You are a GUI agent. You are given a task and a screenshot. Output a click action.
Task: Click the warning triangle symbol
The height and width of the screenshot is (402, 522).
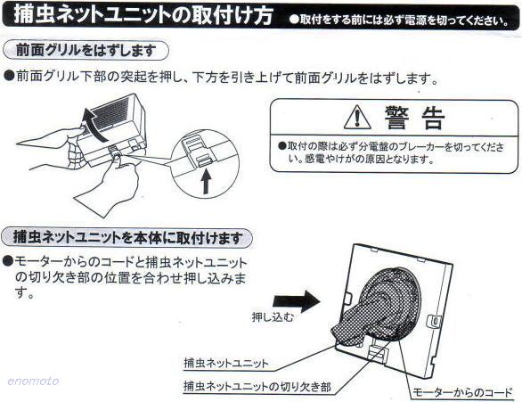(x=357, y=118)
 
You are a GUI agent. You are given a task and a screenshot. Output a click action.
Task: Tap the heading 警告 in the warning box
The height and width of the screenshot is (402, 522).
(x=415, y=118)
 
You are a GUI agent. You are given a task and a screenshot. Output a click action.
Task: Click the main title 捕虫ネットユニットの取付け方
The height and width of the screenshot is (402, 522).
(x=143, y=14)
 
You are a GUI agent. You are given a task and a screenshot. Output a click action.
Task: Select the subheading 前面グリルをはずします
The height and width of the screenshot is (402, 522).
(x=86, y=51)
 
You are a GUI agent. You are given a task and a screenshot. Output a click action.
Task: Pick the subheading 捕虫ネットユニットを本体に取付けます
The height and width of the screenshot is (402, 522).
(x=127, y=237)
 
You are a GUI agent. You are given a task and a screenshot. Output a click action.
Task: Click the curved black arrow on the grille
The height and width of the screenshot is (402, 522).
(x=93, y=125)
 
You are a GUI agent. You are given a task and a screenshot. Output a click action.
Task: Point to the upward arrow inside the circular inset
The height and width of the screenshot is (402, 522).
(x=207, y=181)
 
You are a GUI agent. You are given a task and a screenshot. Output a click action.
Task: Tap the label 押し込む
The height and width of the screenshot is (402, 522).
(x=273, y=316)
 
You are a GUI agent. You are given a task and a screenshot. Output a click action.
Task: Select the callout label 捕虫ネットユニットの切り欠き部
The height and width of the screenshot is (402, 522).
(x=257, y=386)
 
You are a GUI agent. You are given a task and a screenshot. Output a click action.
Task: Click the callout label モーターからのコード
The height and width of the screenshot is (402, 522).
(x=462, y=392)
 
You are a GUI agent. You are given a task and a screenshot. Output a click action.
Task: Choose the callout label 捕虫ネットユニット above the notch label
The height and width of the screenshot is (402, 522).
(x=226, y=363)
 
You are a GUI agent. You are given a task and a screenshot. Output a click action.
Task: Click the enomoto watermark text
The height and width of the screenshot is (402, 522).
(x=33, y=381)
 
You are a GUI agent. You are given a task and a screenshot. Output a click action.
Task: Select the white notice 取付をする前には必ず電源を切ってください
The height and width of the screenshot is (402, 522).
(x=399, y=20)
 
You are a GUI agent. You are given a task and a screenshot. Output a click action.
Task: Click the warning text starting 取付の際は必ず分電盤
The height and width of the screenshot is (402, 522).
(x=392, y=152)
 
